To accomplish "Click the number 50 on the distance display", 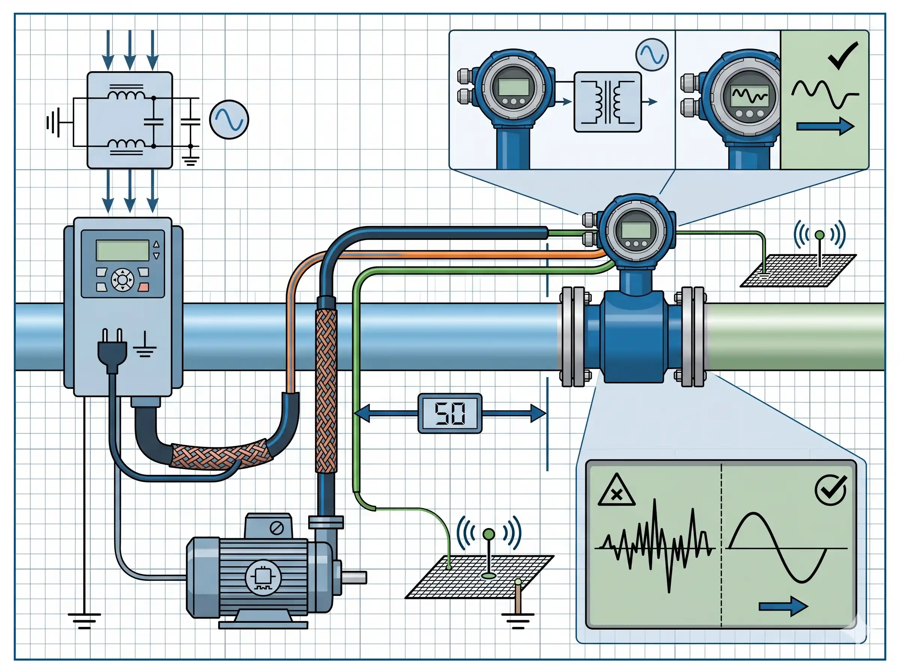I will (x=450, y=413).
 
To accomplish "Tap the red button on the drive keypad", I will (x=143, y=287).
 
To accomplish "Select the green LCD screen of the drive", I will (x=122, y=250).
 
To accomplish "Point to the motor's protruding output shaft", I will (x=355, y=577).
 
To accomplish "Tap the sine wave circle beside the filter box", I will (x=229, y=120).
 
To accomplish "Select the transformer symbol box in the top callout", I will (x=607, y=102).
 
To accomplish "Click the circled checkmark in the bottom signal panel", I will (x=831, y=490).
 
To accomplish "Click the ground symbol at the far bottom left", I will (x=84, y=621).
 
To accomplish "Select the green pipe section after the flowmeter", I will (x=793, y=336).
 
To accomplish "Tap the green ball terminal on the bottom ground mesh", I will (x=489, y=534).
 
